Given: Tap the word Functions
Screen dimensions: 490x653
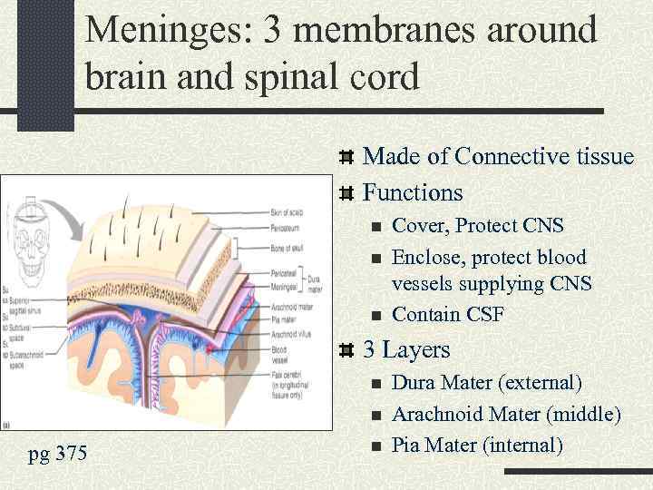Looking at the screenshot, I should (x=413, y=192).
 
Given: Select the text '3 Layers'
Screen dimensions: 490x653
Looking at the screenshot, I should (x=406, y=349).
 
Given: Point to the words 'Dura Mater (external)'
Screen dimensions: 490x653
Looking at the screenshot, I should (x=486, y=383).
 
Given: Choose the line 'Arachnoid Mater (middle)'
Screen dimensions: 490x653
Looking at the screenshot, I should (x=506, y=415).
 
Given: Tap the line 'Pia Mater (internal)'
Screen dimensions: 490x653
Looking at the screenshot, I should (x=477, y=446).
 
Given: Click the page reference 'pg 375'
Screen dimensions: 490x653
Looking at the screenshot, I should (x=58, y=452).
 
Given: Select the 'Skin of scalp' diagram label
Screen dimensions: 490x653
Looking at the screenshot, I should (x=289, y=213).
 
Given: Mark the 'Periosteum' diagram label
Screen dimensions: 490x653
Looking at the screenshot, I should (x=287, y=230).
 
